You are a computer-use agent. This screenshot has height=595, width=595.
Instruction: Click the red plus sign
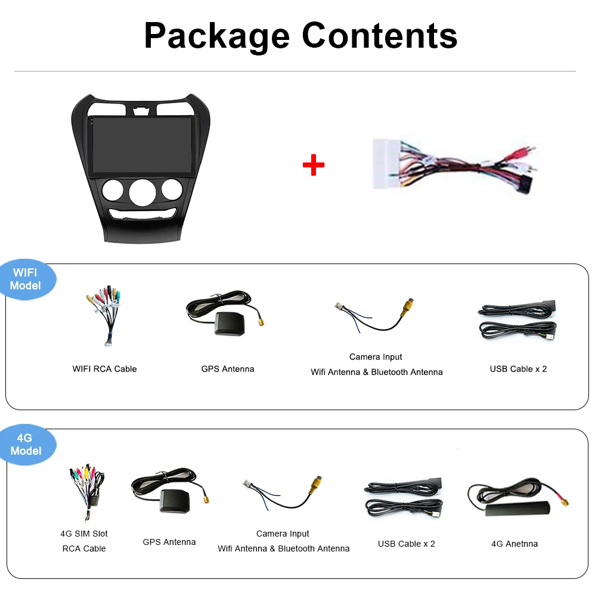pyautogui.click(x=314, y=165)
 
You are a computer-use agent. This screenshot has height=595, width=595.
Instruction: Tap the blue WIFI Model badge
pyautogui.click(x=26, y=279)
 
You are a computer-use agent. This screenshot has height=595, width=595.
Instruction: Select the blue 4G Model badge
pyautogui.click(x=26, y=444)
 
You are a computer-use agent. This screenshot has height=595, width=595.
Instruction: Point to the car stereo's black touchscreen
pyautogui.click(x=141, y=145)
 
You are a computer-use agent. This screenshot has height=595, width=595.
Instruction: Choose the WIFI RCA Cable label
pyautogui.click(x=104, y=369)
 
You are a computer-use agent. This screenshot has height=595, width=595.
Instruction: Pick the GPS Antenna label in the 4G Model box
pyautogui.click(x=169, y=542)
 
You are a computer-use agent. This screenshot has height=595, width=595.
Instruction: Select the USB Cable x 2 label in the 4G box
pyautogui.click(x=406, y=544)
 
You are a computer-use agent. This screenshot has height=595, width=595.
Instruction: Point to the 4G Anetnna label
pyautogui.click(x=514, y=544)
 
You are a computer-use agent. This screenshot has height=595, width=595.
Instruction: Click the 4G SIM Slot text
pyautogui.click(x=84, y=534)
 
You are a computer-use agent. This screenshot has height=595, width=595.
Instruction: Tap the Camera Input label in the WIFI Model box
pyautogui.click(x=376, y=357)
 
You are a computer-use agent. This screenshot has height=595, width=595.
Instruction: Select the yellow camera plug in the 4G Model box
pyautogui.click(x=314, y=485)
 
